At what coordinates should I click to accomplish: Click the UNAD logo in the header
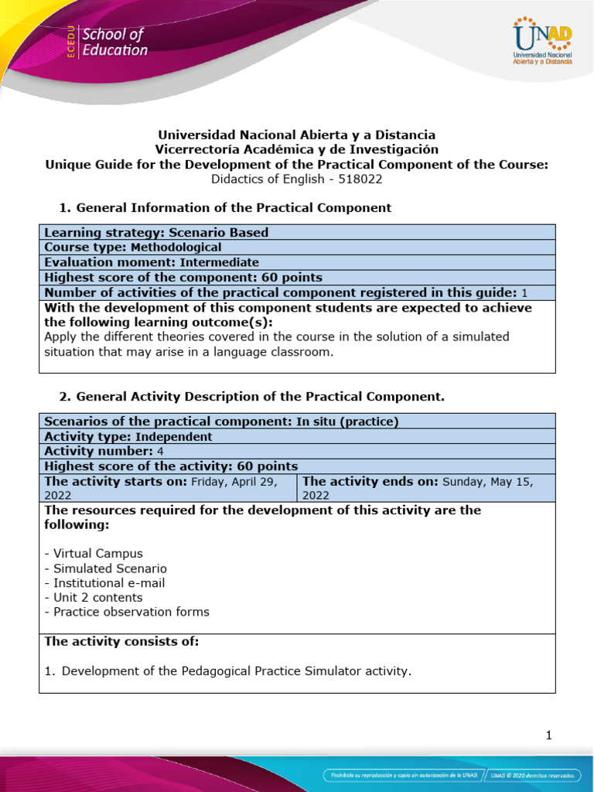[x=542, y=42]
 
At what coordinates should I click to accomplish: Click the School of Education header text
[x=114, y=43]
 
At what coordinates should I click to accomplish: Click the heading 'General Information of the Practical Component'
[x=225, y=207]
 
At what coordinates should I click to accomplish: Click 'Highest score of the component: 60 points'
[x=183, y=277]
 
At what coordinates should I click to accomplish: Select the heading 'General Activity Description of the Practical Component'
[x=251, y=397]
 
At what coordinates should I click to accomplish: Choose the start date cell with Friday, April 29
[x=169, y=487]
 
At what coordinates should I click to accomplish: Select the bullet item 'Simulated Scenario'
[x=106, y=568]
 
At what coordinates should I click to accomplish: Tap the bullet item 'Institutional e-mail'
[x=104, y=582]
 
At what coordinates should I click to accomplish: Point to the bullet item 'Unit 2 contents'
[x=94, y=597]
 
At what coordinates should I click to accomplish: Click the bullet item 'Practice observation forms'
[x=127, y=612]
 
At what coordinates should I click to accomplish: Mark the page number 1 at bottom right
[x=548, y=736]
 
